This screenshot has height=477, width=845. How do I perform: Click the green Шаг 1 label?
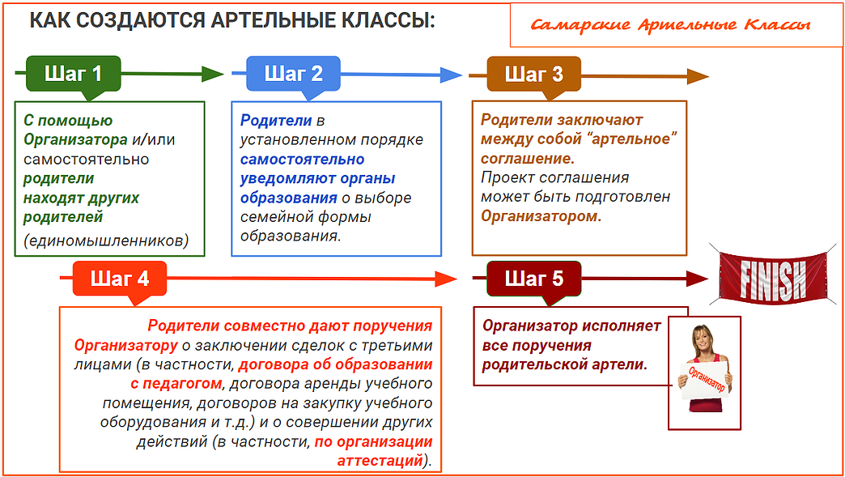[73, 74]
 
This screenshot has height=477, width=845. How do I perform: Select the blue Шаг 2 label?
[293, 74]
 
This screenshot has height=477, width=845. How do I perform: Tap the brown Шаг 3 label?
[533, 75]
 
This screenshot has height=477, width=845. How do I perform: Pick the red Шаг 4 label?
[120, 279]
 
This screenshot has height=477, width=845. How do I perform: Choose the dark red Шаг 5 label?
[533, 279]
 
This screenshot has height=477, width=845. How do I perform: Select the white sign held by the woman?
[707, 379]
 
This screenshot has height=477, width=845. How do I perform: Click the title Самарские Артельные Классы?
[670, 24]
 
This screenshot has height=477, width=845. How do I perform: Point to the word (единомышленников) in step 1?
[106, 241]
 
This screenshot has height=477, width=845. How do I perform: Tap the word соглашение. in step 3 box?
[528, 158]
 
